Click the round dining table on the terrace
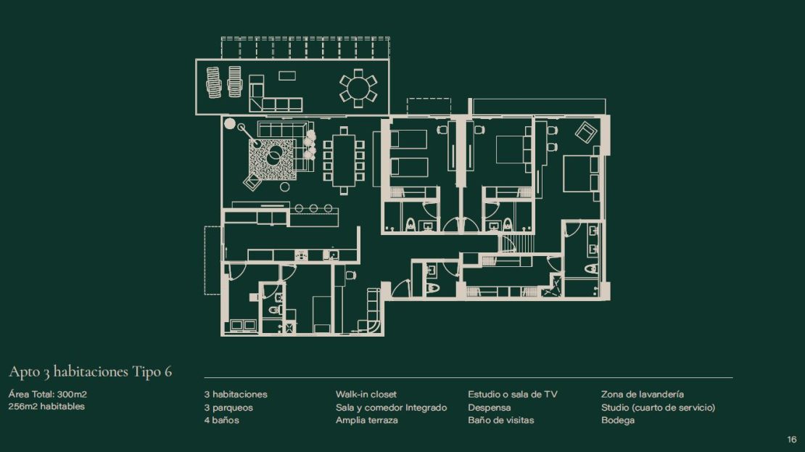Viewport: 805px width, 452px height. pos(358,88)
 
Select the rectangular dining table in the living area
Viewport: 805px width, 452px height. pos(344,160)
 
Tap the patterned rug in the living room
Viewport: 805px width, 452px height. pos(272,159)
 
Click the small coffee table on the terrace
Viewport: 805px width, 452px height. pos(287,75)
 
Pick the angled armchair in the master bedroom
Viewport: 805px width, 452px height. pos(586,132)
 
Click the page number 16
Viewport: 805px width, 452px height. pos(792,439)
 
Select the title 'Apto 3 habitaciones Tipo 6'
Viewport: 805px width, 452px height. pos(91,372)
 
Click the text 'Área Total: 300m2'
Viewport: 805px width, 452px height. pos(47,395)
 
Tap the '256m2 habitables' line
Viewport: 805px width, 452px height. pos(46,406)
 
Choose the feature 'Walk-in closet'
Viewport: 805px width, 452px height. pos(366,395)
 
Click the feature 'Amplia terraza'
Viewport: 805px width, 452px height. pos(366,420)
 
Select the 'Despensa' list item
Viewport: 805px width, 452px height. pos(490,407)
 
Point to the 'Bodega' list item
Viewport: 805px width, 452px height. pos(618,420)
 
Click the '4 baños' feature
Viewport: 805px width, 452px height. pos(221,420)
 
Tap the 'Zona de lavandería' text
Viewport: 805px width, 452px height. pos(643,395)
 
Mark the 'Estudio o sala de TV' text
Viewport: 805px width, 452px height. pos(512,395)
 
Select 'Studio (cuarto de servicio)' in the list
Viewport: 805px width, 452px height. pos(659,407)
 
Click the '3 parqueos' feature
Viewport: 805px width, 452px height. pos(228,407)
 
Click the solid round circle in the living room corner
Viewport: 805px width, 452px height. pos(230,123)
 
